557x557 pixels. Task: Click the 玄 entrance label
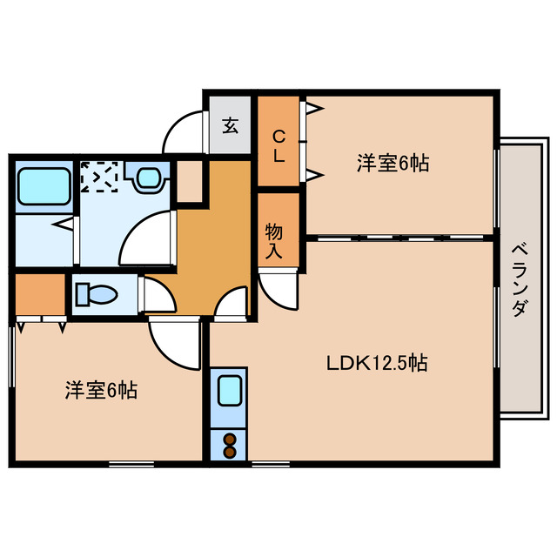pyautogui.click(x=230, y=125)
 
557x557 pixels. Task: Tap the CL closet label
pyautogui.click(x=278, y=145)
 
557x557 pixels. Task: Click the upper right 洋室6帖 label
pyautogui.click(x=393, y=163)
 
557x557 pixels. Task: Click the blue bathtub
pyautogui.click(x=43, y=185)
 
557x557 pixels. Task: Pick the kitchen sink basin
pyautogui.click(x=230, y=389)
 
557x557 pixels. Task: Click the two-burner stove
pyautogui.click(x=230, y=444)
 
